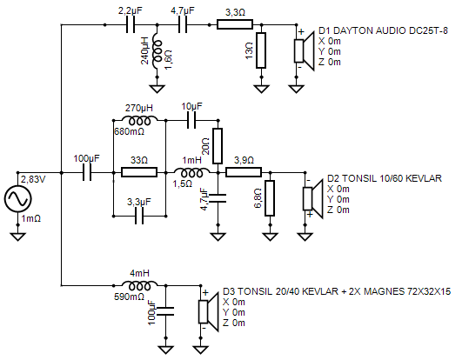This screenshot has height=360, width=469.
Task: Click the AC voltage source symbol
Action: pos(18,198)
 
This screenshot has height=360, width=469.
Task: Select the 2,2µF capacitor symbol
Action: pos(131,25)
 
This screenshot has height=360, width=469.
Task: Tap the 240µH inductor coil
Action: pos(157,50)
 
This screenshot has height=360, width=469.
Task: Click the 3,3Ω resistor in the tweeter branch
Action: pos(235,24)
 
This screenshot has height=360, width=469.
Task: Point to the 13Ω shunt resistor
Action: pos(261,50)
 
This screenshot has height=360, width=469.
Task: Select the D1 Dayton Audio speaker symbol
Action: pos(305,50)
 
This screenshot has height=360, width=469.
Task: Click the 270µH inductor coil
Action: pos(139,121)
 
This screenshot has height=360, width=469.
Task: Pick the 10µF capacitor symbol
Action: pos(191,120)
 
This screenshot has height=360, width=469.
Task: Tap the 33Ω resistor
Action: pos(139,172)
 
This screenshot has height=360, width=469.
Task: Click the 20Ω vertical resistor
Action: pos(218,146)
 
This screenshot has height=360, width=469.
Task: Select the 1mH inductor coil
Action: pos(191,173)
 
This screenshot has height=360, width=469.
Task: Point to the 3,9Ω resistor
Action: pos(244,172)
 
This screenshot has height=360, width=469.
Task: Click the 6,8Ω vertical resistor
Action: pos(270,198)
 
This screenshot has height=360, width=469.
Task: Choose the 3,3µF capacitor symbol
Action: pos(139,216)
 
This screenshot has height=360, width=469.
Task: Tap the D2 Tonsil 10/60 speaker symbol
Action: pos(313,198)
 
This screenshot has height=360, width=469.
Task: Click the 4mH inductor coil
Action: pos(139,286)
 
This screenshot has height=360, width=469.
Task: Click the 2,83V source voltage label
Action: pos(33,179)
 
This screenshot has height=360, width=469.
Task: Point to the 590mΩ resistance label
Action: pos(129,297)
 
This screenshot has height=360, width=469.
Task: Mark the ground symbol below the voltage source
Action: pos(18,237)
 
